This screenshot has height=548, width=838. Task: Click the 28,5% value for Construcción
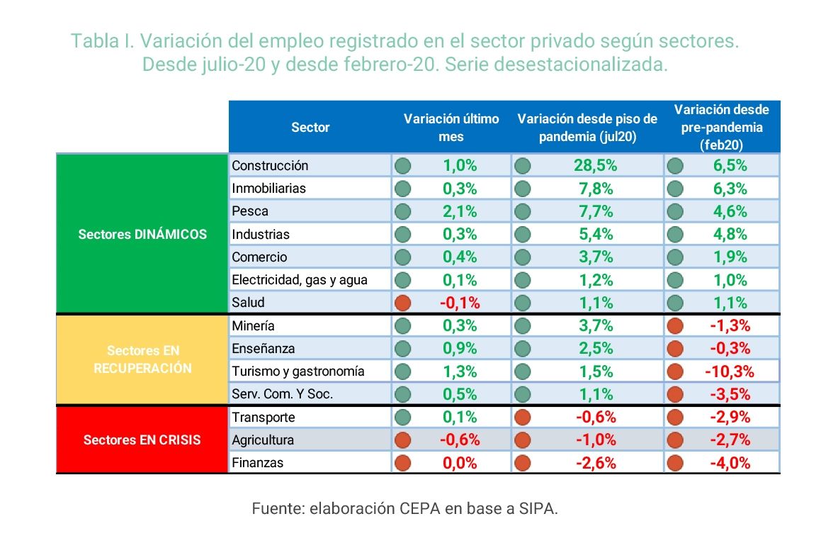click(x=595, y=166)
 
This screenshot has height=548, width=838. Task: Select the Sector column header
click(x=310, y=128)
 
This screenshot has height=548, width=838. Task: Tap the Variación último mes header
click(x=451, y=128)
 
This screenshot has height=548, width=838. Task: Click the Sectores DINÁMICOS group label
click(x=142, y=234)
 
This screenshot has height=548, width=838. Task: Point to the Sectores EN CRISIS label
click(x=142, y=440)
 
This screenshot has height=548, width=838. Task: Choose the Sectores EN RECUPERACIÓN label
click(x=142, y=359)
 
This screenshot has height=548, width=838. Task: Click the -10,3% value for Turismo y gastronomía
click(x=729, y=371)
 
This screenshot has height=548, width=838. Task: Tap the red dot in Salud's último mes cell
click(x=403, y=303)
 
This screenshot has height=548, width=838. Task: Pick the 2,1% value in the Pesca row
click(x=460, y=211)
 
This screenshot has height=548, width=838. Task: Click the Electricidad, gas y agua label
click(x=300, y=279)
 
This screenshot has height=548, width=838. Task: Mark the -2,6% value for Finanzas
click(x=595, y=463)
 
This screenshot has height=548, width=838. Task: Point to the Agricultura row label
click(x=262, y=440)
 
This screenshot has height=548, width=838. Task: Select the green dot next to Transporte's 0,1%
click(x=403, y=418)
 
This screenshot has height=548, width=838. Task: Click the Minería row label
click(x=253, y=326)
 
